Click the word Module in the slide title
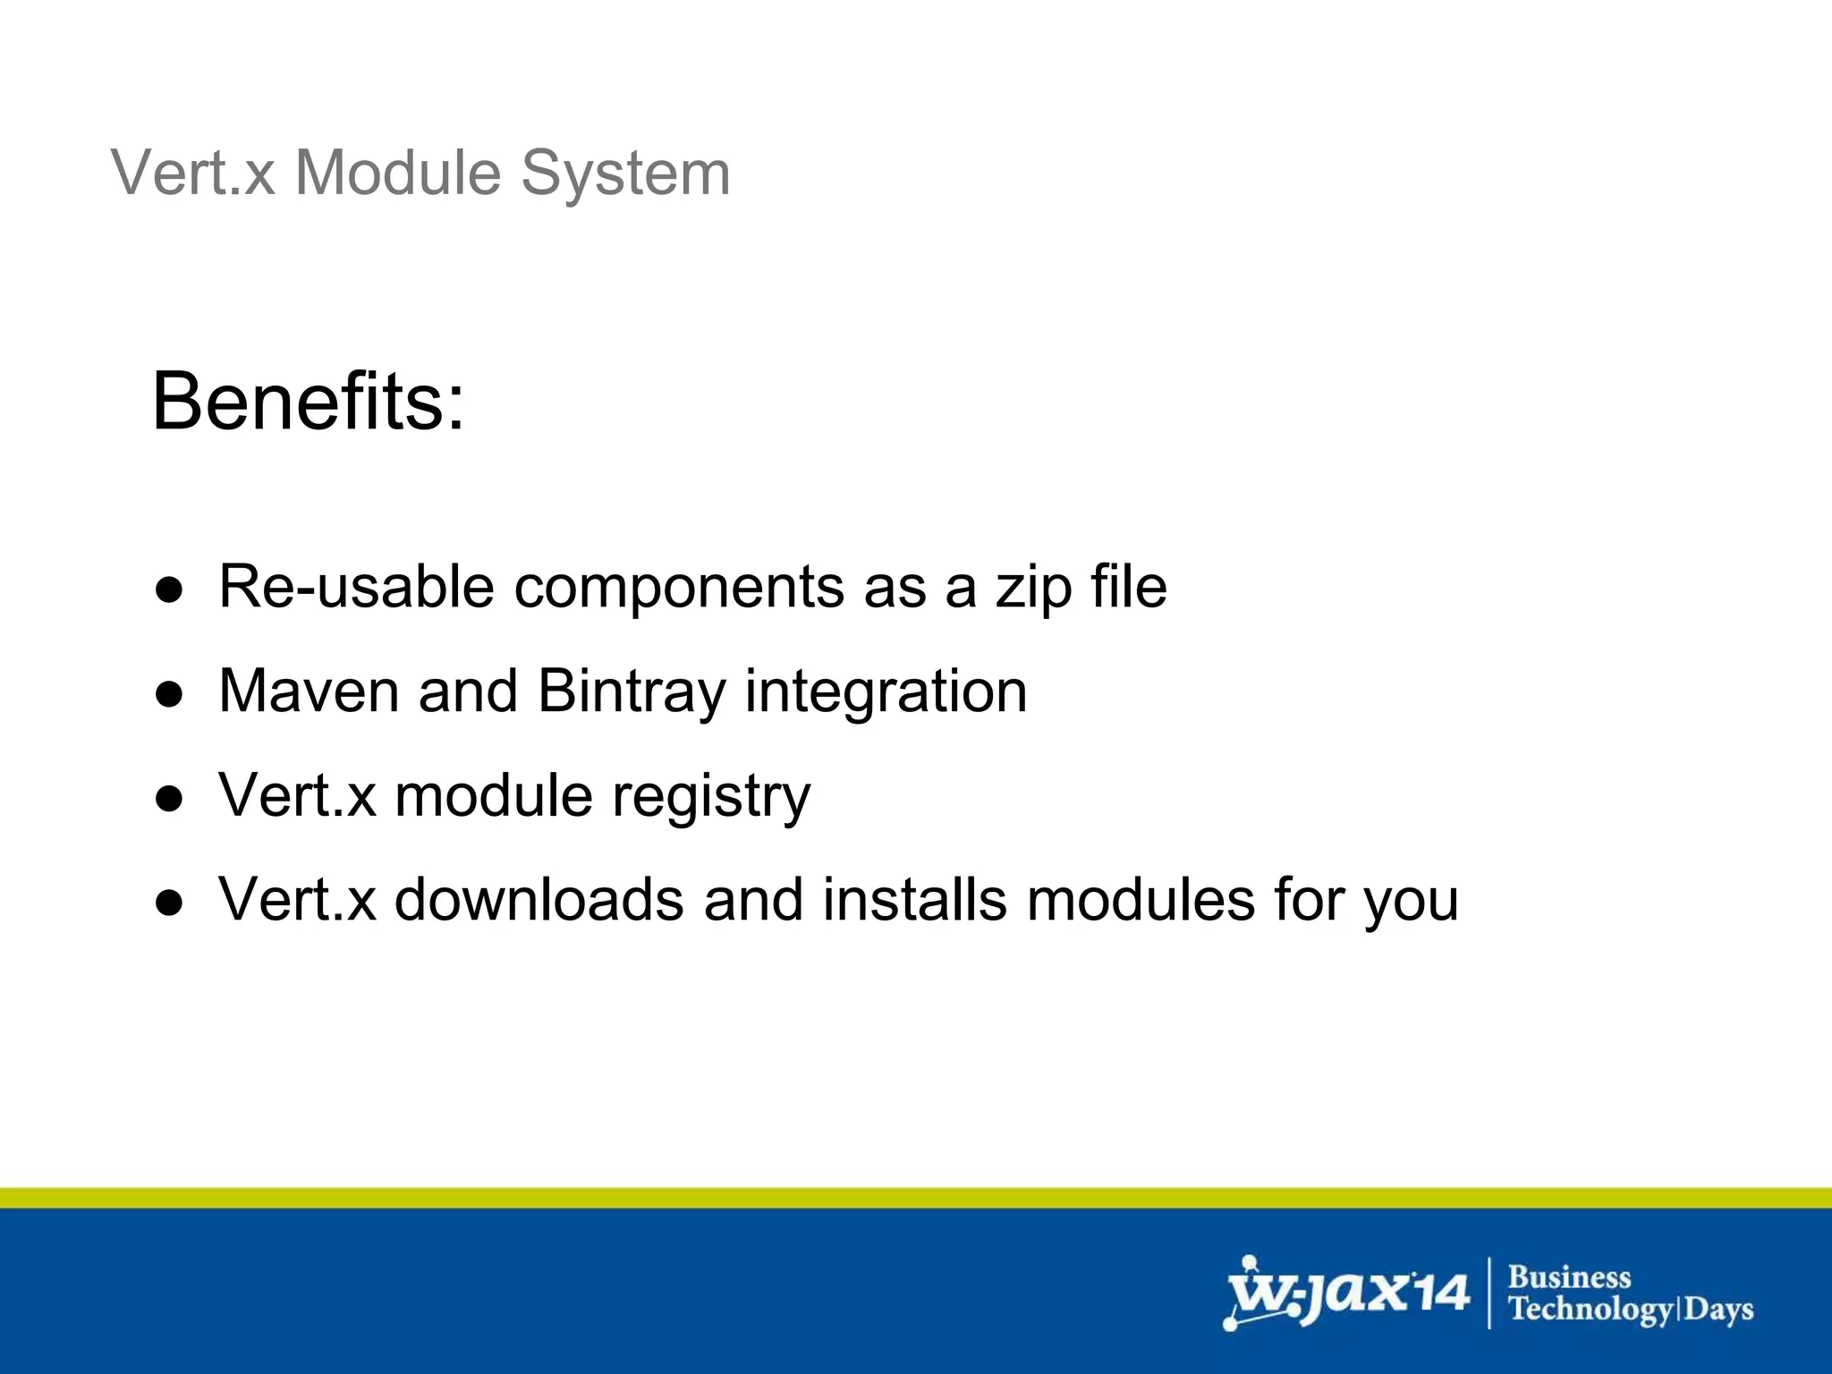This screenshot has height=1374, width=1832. tap(398, 172)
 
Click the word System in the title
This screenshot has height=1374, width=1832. tap(625, 174)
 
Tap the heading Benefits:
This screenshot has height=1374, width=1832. tap(309, 401)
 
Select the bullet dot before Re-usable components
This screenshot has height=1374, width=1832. tap(169, 589)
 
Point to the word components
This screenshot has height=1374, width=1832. tap(679, 589)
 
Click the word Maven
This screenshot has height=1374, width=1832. tap(309, 691)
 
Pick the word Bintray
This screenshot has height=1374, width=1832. tap(632, 691)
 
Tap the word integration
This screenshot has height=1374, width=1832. tap(886, 691)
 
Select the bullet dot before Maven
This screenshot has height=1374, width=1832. tap(169, 694)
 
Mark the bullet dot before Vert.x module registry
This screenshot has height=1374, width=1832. tap(169, 798)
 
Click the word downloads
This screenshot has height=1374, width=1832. tap(539, 899)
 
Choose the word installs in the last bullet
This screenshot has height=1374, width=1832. tap(914, 899)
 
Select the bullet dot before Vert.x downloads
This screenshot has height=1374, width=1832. tap(169, 903)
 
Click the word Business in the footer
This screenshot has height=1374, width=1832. tap(1569, 1276)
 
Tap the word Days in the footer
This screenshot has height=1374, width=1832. tap(1718, 1310)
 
